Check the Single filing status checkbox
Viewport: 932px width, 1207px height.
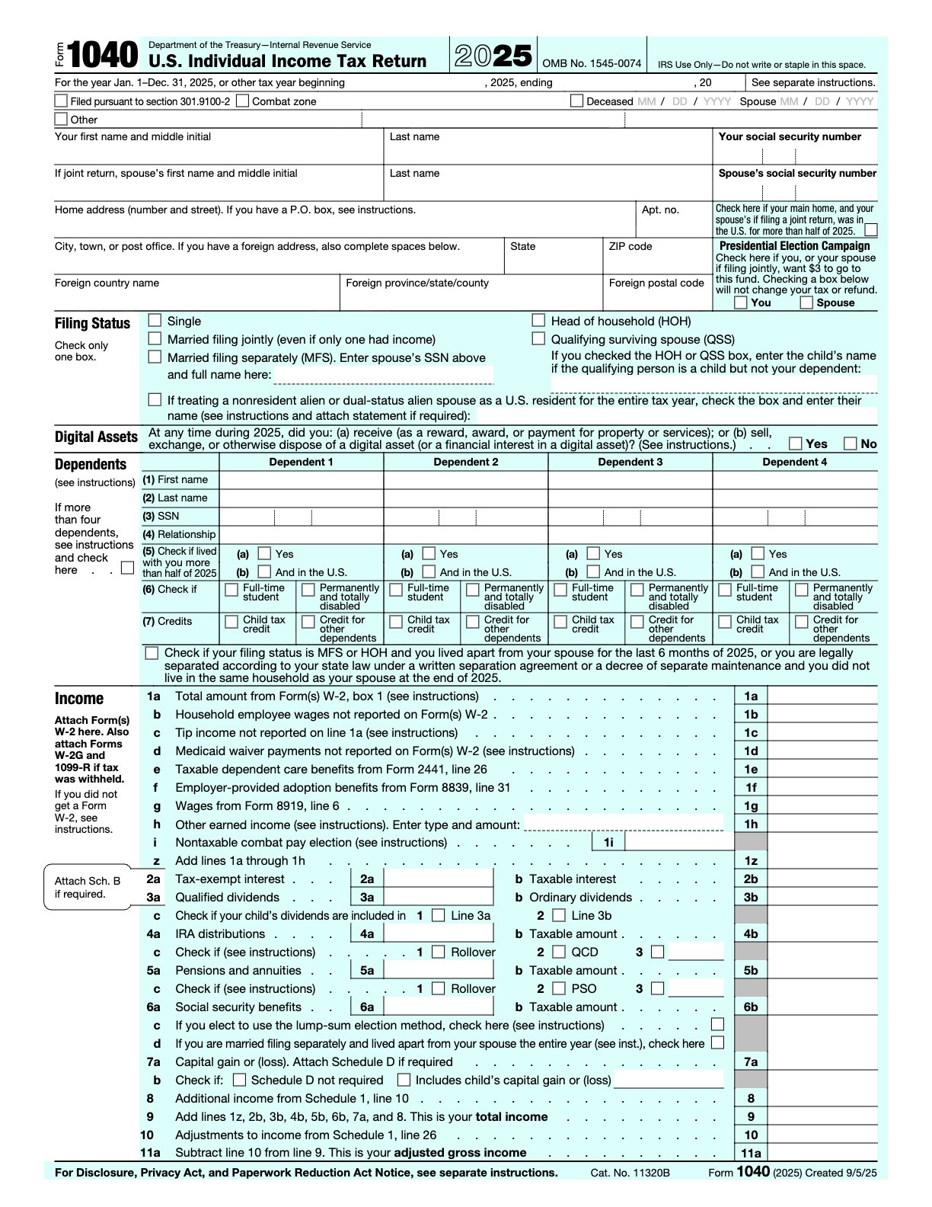tap(155, 321)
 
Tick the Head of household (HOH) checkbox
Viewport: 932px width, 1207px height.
tap(538, 321)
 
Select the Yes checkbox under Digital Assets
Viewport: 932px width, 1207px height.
tap(796, 443)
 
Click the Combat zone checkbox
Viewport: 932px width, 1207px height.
tap(242, 101)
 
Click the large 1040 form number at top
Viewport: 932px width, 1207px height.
tap(103, 56)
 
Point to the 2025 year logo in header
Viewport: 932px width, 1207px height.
tap(493, 56)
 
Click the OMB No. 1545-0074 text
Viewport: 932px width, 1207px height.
tap(592, 64)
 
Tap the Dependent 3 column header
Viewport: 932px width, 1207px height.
tap(630, 462)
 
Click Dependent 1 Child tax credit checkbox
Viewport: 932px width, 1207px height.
tap(231, 622)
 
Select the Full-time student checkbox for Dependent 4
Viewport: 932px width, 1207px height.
tap(725, 590)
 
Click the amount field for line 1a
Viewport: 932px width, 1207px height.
tap(822, 696)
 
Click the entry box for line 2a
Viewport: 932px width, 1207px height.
tap(439, 879)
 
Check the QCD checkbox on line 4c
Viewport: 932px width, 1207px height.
tap(559, 952)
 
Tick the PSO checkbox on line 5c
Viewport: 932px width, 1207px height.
tap(559, 988)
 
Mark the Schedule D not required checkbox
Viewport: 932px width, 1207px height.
tap(239, 1080)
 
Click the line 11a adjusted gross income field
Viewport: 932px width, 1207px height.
tap(822, 1153)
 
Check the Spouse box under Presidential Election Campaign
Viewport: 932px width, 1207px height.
tap(806, 303)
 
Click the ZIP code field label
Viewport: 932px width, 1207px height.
tap(630, 246)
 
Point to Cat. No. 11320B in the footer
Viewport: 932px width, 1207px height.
tap(630, 1173)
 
